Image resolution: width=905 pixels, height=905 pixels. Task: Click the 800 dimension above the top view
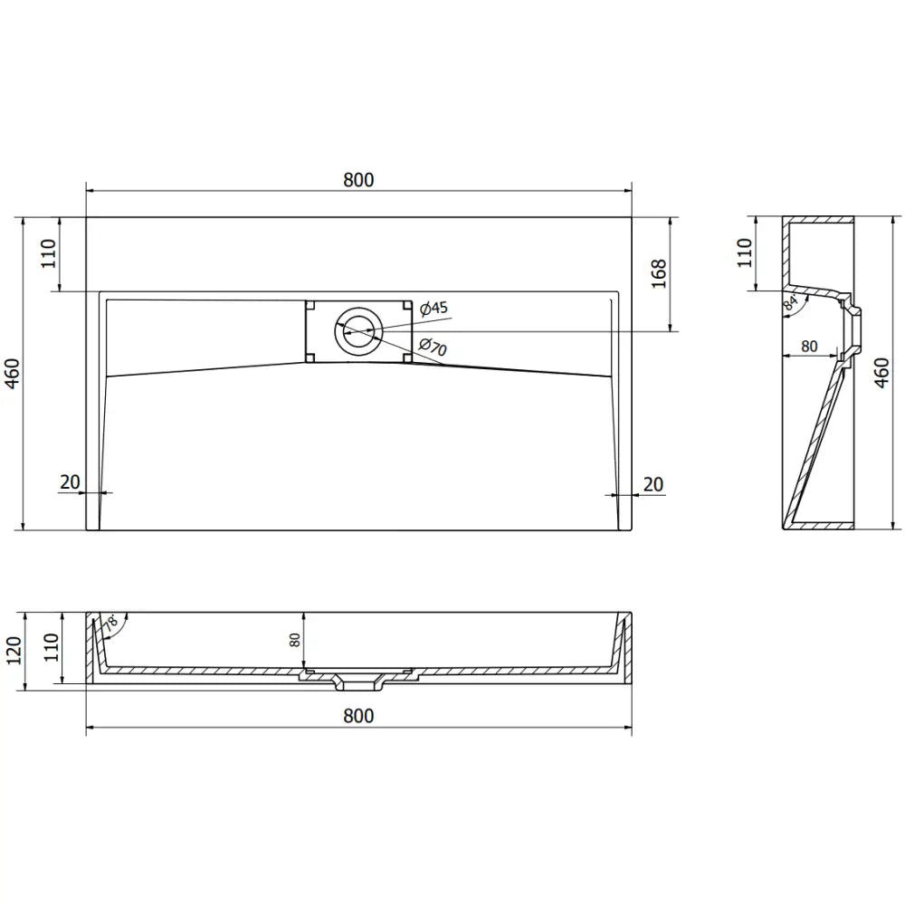click(358, 179)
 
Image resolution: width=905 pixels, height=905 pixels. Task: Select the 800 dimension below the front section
click(358, 716)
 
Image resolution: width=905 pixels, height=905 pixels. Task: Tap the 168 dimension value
click(659, 274)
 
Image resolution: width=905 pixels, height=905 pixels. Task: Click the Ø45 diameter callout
click(434, 308)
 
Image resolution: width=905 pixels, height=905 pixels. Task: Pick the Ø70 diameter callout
click(434, 348)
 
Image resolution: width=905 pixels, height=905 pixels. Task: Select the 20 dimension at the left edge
click(70, 483)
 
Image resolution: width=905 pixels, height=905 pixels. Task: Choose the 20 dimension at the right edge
click(653, 484)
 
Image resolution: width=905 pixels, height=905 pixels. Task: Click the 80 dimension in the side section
click(809, 346)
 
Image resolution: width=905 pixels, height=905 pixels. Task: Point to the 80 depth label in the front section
click(295, 640)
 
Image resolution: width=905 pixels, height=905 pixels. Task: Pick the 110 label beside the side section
click(745, 253)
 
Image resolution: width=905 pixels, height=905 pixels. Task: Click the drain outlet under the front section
click(358, 680)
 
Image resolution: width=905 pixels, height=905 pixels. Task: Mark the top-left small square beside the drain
click(310, 306)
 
